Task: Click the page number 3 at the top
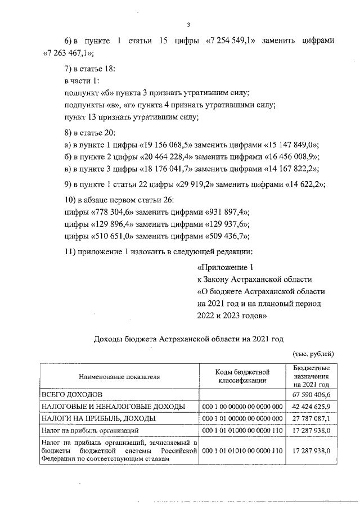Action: pyautogui.click(x=189, y=25)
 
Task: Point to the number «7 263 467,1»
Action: pyautogui.click(x=69, y=53)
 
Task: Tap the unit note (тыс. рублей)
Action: pyautogui.click(x=313, y=354)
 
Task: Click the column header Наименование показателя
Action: pyautogui.click(x=120, y=376)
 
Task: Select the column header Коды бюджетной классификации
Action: pyautogui.click(x=243, y=376)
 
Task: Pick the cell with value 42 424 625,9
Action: pyautogui.click(x=311, y=406)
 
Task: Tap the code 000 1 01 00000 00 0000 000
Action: pyautogui.click(x=243, y=418)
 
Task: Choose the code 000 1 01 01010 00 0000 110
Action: pyautogui.click(x=243, y=451)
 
